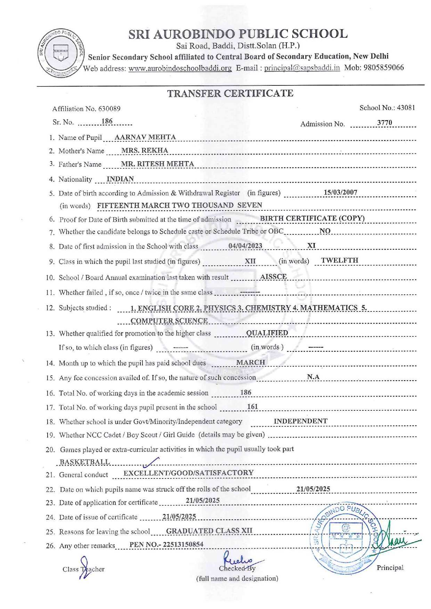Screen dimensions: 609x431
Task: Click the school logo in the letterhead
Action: [x=61, y=53]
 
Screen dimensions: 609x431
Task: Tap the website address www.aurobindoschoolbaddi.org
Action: [x=180, y=68]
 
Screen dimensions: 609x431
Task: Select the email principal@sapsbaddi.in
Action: [x=302, y=68]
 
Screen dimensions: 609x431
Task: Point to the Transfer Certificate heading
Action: [x=230, y=93]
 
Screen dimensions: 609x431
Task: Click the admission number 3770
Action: [x=384, y=123]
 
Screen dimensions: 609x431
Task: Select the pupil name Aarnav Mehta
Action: [x=145, y=137]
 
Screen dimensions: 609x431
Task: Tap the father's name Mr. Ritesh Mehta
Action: [x=157, y=164]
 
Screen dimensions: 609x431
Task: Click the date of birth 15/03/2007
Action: [x=340, y=192]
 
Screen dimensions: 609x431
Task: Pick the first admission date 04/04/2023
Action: [x=245, y=246]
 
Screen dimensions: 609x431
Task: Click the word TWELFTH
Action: [x=339, y=260]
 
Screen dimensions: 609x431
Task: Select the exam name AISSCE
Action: [x=273, y=277]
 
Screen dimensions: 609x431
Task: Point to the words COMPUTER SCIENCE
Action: [x=169, y=321]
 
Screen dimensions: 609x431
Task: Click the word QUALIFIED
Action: [x=267, y=333]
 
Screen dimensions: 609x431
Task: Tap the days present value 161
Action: [x=252, y=407]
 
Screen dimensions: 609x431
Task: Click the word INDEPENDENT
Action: [x=300, y=421]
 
